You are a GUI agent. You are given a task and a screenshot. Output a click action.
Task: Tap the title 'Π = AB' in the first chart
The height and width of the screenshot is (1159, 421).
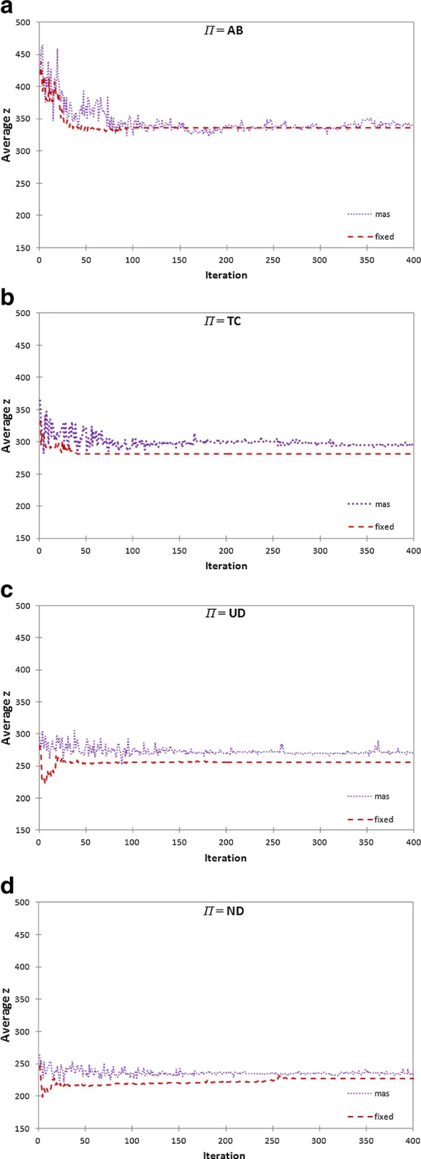tap(224, 30)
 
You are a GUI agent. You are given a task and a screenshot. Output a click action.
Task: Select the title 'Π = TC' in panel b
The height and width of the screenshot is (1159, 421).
tap(223, 321)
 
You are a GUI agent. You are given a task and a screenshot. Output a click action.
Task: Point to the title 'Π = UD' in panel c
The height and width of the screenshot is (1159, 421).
tap(225, 614)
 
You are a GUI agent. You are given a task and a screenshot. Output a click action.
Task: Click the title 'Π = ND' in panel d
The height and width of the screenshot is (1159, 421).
tap(224, 911)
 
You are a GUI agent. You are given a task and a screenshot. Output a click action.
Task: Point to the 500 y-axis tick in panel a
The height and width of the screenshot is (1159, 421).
tap(23, 23)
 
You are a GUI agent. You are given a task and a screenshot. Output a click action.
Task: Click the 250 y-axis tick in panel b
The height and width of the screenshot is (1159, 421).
tap(23, 474)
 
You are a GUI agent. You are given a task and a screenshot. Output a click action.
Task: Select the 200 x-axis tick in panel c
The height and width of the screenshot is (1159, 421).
tap(226, 842)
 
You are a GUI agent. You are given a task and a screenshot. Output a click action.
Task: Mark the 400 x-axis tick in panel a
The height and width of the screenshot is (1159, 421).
tap(413, 260)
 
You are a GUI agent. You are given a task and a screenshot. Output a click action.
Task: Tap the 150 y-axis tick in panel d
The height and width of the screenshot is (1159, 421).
tap(23, 1128)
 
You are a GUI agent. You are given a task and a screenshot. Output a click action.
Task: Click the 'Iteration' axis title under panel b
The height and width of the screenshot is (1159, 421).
tap(226, 566)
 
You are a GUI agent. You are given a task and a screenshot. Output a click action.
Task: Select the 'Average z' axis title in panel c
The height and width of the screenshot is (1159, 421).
tap(7, 718)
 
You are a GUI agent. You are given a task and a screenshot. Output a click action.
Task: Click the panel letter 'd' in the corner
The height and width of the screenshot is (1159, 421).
tap(7, 886)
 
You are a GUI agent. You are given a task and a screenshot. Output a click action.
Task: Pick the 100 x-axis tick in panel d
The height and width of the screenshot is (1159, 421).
tap(132, 1141)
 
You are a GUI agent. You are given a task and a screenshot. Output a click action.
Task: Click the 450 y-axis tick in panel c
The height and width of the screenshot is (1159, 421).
tap(23, 638)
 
